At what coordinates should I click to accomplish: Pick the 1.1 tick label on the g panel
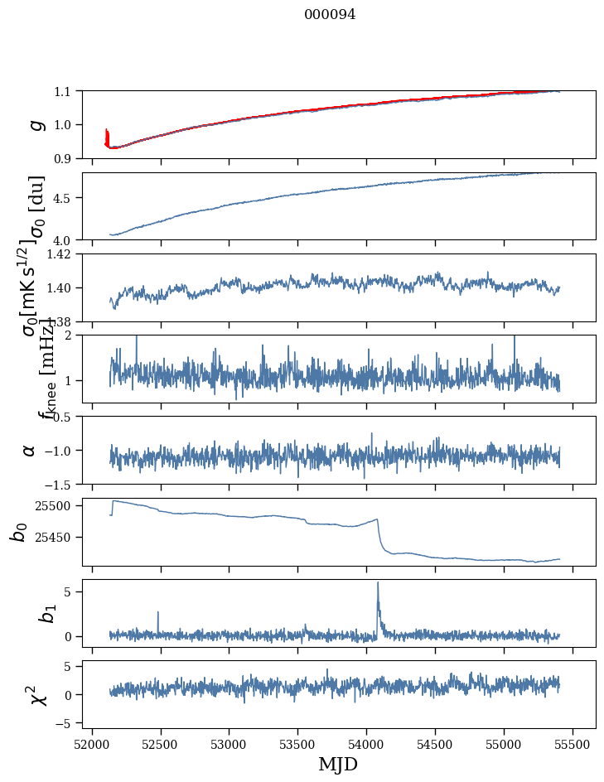(66, 91)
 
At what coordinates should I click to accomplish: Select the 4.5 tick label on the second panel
(66, 198)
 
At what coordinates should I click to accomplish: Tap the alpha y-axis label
(30, 450)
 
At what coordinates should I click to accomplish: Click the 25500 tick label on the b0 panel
(58, 505)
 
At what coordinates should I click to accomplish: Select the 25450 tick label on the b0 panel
(58, 538)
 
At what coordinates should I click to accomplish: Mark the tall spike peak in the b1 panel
(378, 582)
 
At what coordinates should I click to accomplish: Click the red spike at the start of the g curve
(107, 133)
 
